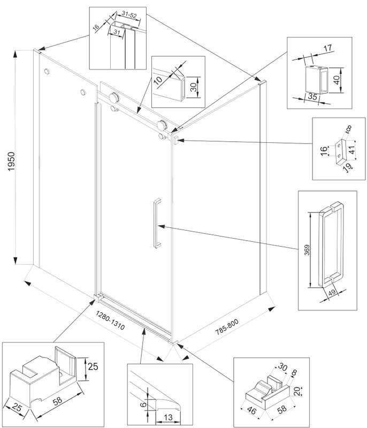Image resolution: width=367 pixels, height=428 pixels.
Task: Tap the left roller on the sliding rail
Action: (x=113, y=98)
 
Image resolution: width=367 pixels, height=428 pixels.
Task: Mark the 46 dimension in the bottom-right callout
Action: (x=253, y=410)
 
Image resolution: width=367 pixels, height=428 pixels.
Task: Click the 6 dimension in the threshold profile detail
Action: (x=143, y=404)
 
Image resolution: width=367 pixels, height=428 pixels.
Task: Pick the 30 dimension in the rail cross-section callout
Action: (x=194, y=86)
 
